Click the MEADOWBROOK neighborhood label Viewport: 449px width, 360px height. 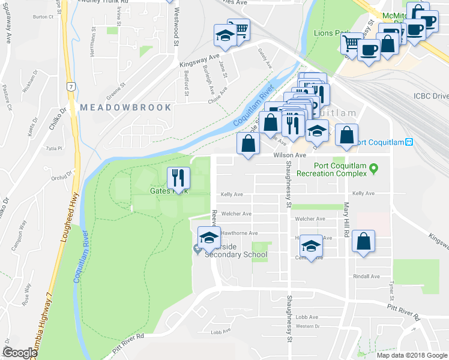tap(125, 107)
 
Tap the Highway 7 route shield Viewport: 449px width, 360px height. tap(71, 88)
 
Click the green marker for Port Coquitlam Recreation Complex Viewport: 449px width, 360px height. tap(373, 167)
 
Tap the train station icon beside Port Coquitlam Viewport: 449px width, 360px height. tap(409, 142)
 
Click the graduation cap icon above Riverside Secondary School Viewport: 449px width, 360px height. tap(209, 238)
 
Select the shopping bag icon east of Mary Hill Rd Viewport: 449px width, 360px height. tap(364, 242)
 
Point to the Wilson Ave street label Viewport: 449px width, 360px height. tap(286, 155)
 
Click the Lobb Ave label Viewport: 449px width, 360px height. tap(306, 317)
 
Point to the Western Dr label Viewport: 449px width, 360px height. tap(307, 326)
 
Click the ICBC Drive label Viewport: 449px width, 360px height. tap(431, 96)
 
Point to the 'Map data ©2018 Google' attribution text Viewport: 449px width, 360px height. tap(411, 355)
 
